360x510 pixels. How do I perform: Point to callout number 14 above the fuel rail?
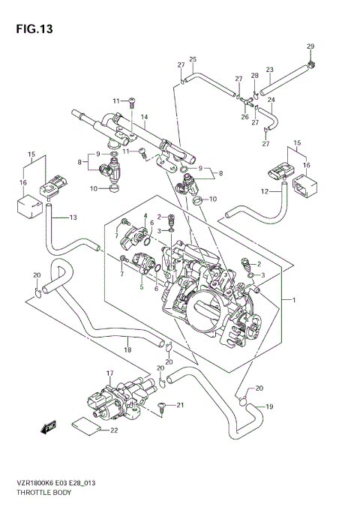click(x=144, y=117)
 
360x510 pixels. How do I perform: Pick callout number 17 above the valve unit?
click(x=109, y=372)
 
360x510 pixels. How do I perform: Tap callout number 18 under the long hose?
click(x=127, y=349)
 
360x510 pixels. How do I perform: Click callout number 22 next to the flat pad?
click(x=114, y=430)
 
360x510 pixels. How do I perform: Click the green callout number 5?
click(x=140, y=284)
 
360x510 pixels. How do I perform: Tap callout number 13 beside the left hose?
click(x=73, y=217)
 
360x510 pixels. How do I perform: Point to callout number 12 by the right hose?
click(x=265, y=193)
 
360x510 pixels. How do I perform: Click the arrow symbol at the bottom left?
click(x=50, y=429)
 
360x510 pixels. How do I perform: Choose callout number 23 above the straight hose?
click(x=269, y=70)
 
